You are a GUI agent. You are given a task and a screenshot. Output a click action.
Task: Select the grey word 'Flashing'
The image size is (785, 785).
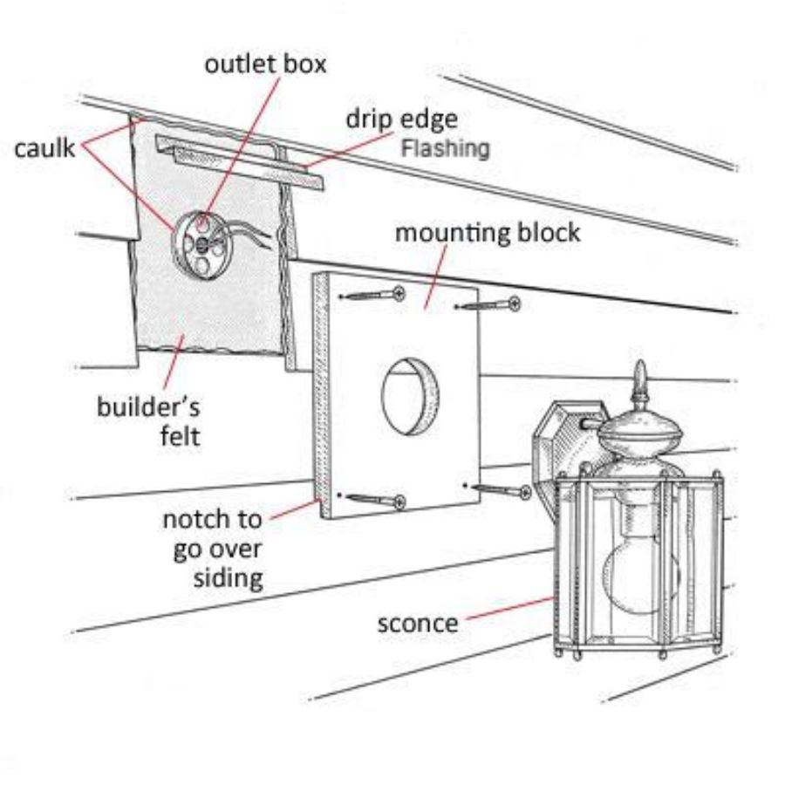(445, 148)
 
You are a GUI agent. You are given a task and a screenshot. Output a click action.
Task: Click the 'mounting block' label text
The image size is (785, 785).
(488, 234)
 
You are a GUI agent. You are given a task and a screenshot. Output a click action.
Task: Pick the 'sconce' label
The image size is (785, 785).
(417, 624)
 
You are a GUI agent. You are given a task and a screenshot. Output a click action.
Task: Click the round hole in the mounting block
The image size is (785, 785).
(409, 395)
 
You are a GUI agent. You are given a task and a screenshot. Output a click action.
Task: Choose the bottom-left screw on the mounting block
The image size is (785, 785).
(375, 500)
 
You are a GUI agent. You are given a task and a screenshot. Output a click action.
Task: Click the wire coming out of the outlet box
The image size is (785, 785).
(253, 234)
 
